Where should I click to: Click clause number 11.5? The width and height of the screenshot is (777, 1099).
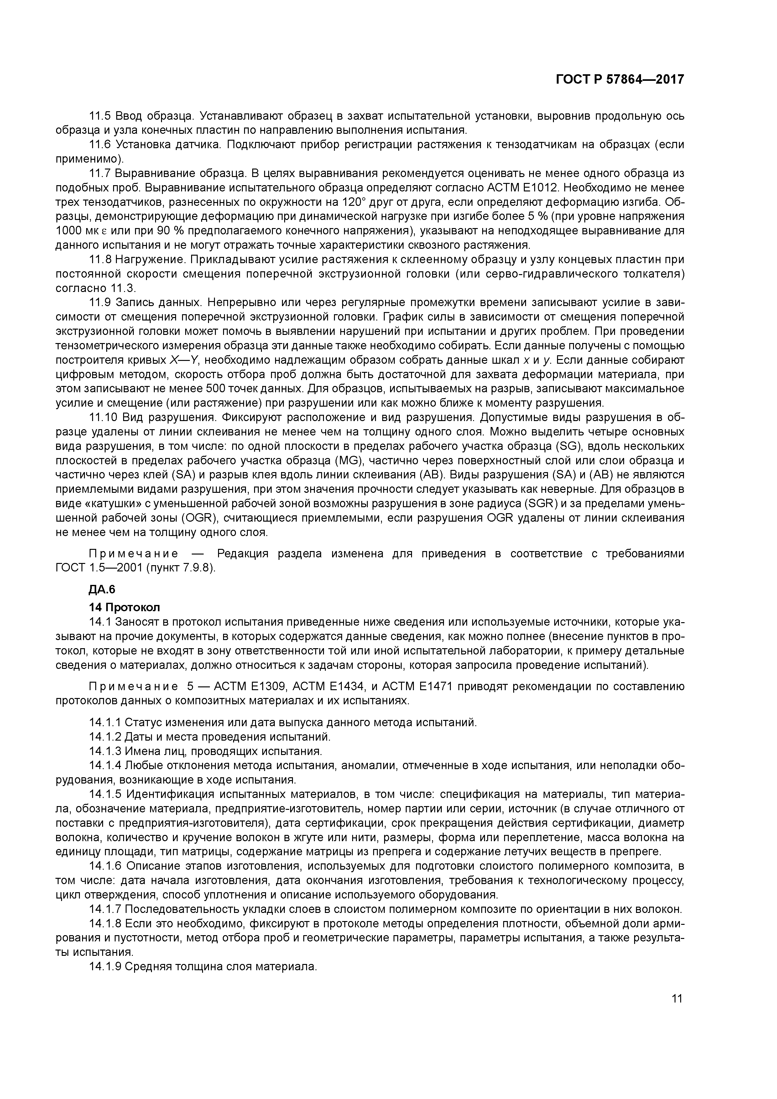100,116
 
